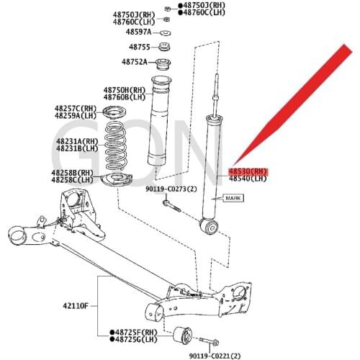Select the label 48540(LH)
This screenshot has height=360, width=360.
click(x=248, y=180)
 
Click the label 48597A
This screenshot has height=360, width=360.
click(x=138, y=32)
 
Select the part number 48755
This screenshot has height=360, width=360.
click(x=139, y=47)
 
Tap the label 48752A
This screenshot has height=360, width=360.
click(x=135, y=62)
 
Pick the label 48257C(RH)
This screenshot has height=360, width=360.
click(x=74, y=108)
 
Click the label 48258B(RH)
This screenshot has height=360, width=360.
click(x=72, y=173)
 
